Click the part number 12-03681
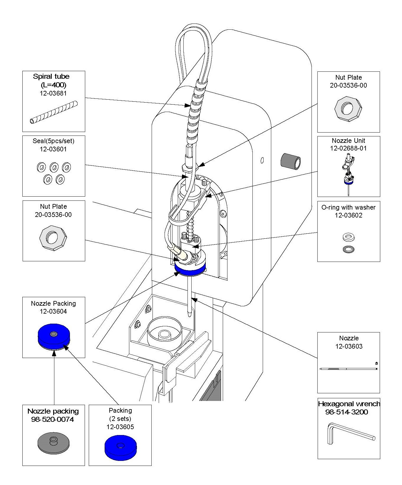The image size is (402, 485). [53, 93]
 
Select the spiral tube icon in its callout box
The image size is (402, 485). [54, 112]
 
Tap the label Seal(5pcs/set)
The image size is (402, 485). [53, 141]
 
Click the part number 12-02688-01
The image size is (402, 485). [348, 148]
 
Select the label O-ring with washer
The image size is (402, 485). [348, 208]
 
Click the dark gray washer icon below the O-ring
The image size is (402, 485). [349, 249]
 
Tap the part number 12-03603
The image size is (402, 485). [349, 347]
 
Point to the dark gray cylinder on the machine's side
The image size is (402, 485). [291, 161]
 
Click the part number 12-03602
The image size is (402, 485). [348, 215]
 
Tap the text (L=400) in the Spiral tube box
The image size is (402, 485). [53, 85]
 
